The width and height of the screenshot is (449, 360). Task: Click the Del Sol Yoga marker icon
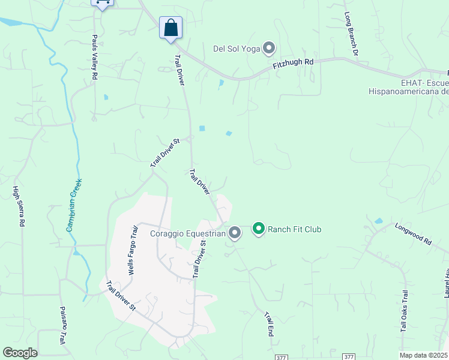point(269,47)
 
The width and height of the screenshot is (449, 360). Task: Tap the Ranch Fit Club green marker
point(259,229)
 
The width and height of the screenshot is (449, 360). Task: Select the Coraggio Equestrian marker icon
point(235,233)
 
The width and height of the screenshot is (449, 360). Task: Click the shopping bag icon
point(170,28)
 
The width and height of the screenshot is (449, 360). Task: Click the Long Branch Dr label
point(351,34)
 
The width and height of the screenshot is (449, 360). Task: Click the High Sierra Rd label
point(19,206)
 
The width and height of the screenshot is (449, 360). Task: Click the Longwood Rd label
point(413,234)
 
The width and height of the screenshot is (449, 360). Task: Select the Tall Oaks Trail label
point(405,314)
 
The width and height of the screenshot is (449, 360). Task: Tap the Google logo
point(20,353)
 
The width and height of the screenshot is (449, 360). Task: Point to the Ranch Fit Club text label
point(295,229)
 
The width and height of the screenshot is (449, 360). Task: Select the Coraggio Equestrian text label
point(188,233)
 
